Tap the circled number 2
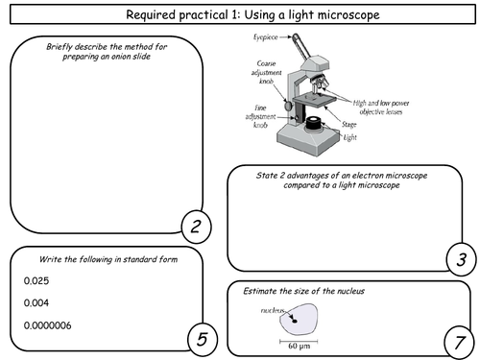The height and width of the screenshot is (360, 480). pyautogui.click(x=196, y=227)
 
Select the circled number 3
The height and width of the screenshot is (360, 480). pyautogui.click(x=461, y=259)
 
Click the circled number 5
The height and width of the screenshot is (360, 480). pyautogui.click(x=203, y=339)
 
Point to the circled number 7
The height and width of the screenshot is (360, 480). pyautogui.click(x=460, y=343)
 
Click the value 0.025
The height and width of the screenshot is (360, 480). pyautogui.click(x=36, y=281)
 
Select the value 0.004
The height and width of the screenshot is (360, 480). pyautogui.click(x=36, y=302)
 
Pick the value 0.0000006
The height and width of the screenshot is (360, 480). pyautogui.click(x=48, y=325)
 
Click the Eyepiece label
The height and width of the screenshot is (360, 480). pyautogui.click(x=266, y=37)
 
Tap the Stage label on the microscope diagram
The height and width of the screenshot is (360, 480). pyautogui.click(x=348, y=124)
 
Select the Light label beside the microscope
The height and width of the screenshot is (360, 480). pyautogui.click(x=350, y=137)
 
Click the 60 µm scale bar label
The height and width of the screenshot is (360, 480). pyautogui.click(x=300, y=346)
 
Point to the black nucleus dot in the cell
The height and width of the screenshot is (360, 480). pyautogui.click(x=295, y=321)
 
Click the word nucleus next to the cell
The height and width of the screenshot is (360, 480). pyautogui.click(x=273, y=310)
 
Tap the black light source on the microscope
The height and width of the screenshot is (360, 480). pyautogui.click(x=313, y=124)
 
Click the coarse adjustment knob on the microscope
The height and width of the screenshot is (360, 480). pyautogui.click(x=289, y=106)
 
